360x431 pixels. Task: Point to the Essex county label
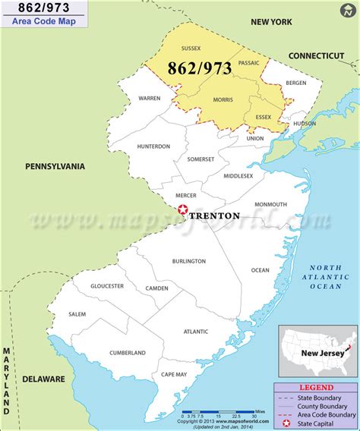[264, 117]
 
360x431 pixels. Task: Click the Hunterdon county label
[153, 146]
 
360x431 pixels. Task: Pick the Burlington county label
[189, 261]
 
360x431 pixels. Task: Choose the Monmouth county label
[271, 204]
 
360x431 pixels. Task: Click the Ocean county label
[260, 269]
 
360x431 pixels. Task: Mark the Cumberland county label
[128, 352]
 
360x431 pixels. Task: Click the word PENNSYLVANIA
[55, 166]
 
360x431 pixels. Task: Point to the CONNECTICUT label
[317, 55]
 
